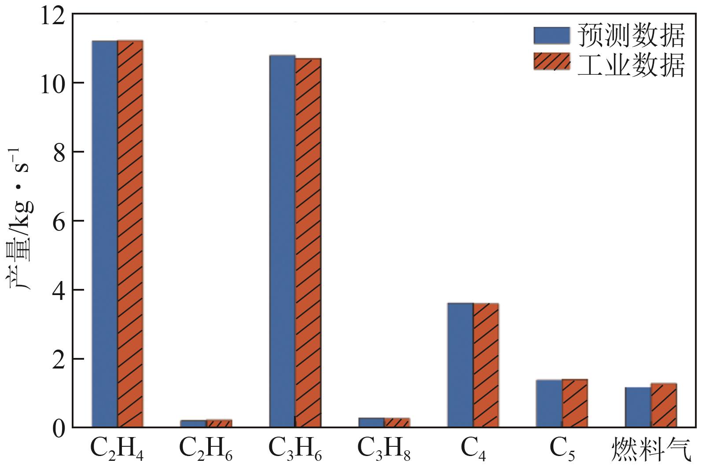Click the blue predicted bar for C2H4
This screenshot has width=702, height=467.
(104, 233)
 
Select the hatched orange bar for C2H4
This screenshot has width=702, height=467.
(130, 233)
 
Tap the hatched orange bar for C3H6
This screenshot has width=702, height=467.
(308, 242)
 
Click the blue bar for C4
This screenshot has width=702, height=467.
(460, 365)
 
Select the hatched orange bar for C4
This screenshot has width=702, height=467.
(486, 365)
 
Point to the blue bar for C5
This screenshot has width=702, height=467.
(549, 403)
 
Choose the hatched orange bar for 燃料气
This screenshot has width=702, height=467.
(664, 405)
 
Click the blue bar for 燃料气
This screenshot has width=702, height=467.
(638, 407)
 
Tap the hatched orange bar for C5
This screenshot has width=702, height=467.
(575, 403)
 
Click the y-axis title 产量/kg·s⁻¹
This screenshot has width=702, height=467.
(19, 220)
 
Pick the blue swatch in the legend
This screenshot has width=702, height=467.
(551, 35)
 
